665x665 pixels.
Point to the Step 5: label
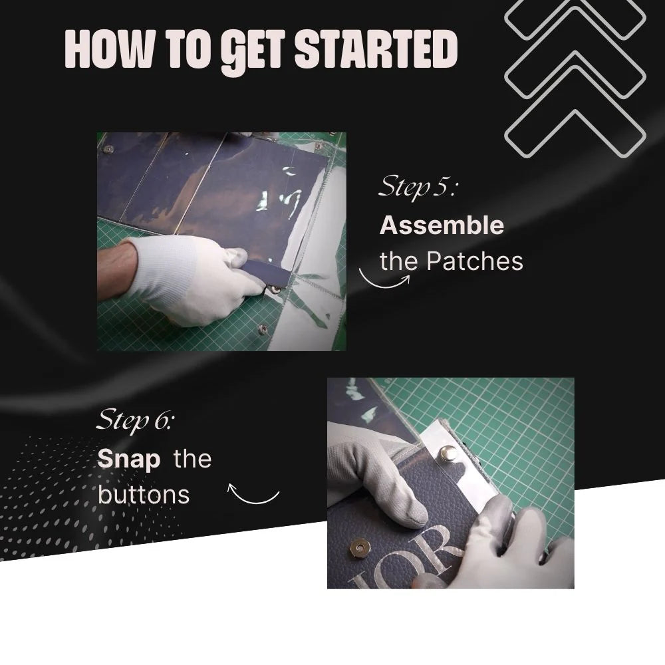(x=418, y=187)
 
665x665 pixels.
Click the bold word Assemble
(x=442, y=225)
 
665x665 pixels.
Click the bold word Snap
(x=129, y=460)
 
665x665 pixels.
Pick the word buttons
(x=144, y=495)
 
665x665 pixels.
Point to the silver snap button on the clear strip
(x=449, y=453)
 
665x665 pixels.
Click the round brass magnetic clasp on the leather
(x=360, y=548)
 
